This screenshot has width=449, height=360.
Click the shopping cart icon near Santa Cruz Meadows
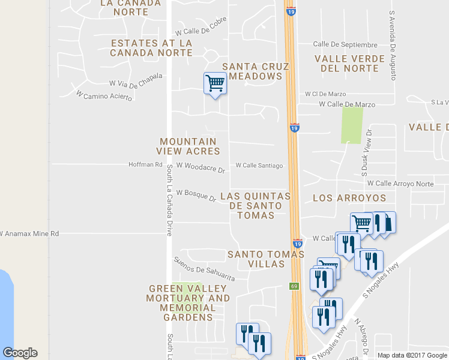click(214, 83)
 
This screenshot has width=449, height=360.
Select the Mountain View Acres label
click(188, 146)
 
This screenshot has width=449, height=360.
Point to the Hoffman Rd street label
click(146, 164)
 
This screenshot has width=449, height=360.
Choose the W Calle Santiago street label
click(259, 165)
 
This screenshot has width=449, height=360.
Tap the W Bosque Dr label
click(196, 195)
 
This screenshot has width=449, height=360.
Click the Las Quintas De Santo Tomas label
click(256, 206)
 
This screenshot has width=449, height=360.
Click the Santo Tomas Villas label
click(266, 260)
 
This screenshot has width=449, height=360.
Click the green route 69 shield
click(294, 286)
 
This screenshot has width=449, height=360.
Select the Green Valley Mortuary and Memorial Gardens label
click(189, 303)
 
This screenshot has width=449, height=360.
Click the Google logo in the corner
click(20, 353)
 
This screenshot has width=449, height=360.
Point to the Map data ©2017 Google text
click(412, 355)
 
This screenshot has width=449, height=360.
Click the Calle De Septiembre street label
click(345, 44)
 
